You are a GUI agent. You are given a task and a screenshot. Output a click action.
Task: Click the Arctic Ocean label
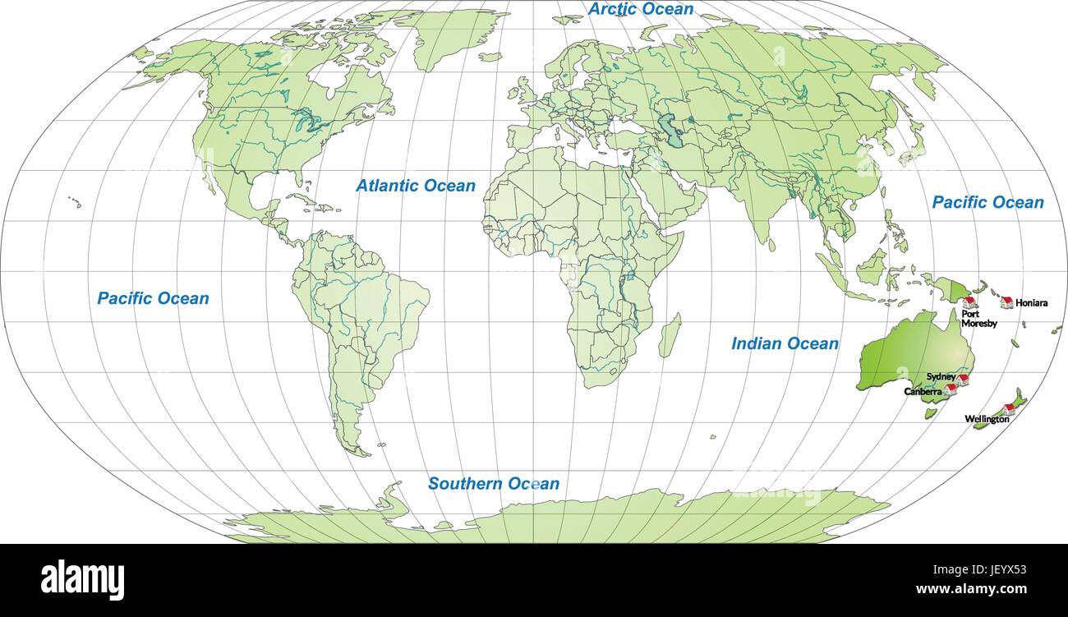pos(641,9)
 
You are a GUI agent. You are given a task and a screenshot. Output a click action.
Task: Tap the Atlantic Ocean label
pos(415,186)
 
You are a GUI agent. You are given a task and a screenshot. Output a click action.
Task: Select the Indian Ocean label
pos(785,343)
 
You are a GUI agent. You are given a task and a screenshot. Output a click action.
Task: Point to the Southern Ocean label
pos(493,484)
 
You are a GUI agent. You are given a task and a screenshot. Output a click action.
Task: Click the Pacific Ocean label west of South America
pos(153,298)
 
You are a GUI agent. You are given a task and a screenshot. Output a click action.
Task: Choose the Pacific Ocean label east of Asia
pos(987,202)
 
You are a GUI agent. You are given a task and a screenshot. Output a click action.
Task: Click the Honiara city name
pos(1031,303)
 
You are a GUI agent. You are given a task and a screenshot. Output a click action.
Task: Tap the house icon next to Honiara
pos(1006,302)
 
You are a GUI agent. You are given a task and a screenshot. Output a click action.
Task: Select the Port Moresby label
pos(979,318)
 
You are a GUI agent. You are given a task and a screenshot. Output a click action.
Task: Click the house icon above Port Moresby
pos(969,302)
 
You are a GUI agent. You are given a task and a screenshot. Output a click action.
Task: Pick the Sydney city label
pos(941,376)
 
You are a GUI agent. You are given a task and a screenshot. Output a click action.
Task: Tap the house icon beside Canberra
pos(951,389)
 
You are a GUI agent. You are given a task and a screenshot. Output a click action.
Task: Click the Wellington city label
pos(987,419)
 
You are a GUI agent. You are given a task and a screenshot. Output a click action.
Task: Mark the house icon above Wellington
pos(1009,408)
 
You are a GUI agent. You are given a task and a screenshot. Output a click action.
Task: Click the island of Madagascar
pos(670,335)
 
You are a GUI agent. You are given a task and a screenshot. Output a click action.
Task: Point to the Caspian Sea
pos(674,132)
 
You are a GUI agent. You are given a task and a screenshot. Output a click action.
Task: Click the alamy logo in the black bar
pos(82,578)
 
